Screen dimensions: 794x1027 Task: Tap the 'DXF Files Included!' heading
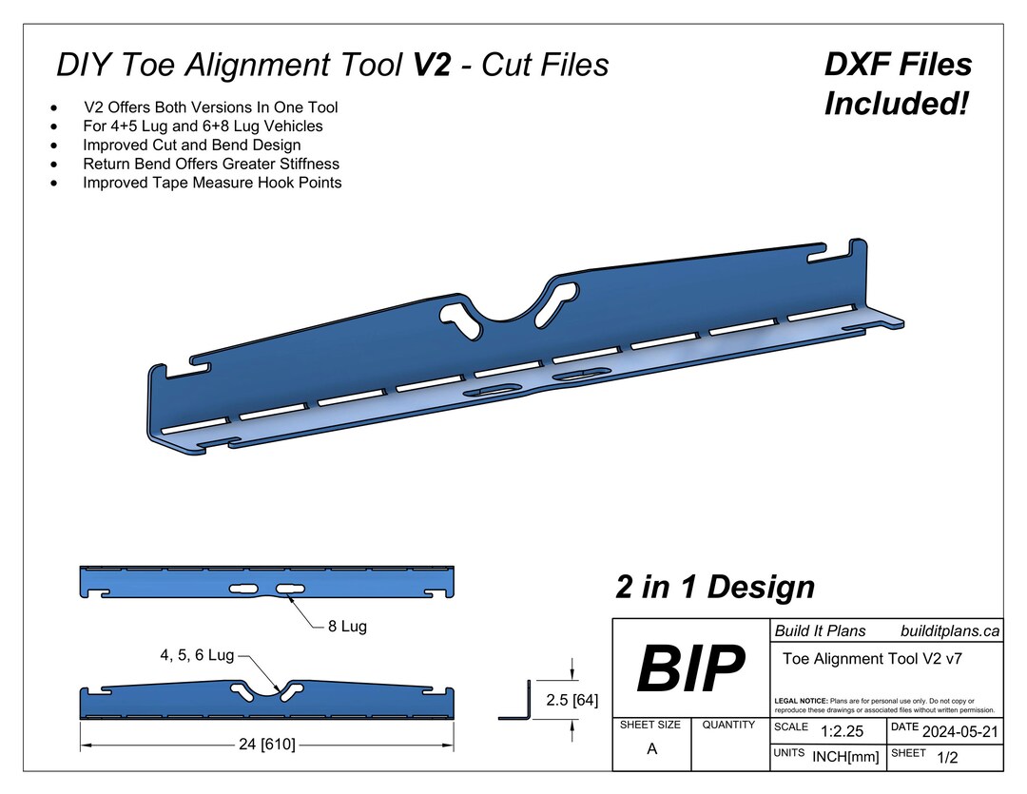click(x=897, y=84)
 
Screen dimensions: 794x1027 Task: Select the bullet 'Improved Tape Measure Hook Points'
click(x=212, y=183)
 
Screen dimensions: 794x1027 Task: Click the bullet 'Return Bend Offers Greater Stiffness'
click(x=211, y=164)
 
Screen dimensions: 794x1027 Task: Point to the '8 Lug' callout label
click(x=347, y=627)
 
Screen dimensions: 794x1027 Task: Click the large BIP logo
click(x=690, y=668)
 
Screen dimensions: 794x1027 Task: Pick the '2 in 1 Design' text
click(x=714, y=587)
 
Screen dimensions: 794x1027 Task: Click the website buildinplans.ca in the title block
click(x=948, y=631)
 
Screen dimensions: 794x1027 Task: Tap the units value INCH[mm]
click(x=845, y=757)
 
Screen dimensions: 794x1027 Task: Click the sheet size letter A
click(x=651, y=748)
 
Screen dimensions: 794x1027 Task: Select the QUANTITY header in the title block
click(x=728, y=725)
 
